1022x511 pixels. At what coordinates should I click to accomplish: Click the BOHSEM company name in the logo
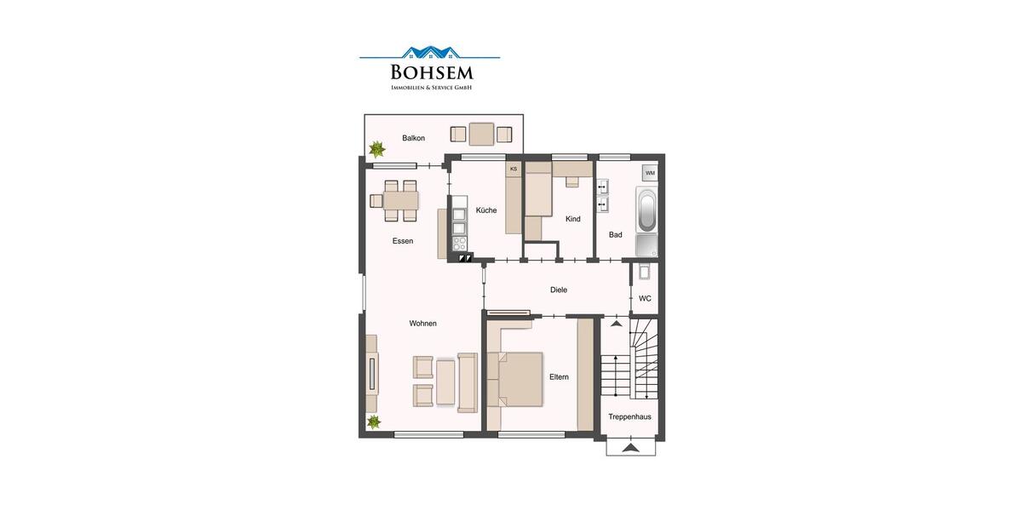point(430,72)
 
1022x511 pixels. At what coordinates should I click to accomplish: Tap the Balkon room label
point(413,138)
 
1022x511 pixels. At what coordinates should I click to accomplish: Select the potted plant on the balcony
point(376,150)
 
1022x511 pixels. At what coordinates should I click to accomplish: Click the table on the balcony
point(481,134)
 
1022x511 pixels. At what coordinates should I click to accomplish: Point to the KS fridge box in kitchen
point(514,169)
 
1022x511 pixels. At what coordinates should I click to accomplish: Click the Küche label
point(486,210)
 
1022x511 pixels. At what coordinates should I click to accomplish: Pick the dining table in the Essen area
point(401,201)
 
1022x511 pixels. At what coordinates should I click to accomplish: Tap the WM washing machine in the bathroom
point(650,173)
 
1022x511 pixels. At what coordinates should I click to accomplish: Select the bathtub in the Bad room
point(647,210)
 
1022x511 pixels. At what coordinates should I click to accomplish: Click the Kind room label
point(573,219)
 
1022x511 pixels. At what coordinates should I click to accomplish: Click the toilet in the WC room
point(645,272)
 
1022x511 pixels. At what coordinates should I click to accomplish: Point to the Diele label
point(559,290)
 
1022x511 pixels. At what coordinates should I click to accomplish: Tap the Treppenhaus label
point(630,416)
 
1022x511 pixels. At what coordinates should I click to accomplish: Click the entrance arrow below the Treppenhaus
point(630,447)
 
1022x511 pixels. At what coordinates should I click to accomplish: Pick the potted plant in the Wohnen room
point(373,422)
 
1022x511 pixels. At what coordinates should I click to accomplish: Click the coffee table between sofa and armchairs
point(445,382)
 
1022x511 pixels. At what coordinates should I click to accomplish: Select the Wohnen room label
point(422,323)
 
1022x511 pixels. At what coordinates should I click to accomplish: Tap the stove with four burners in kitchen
point(460,243)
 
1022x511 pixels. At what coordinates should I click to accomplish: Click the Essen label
point(403,241)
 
